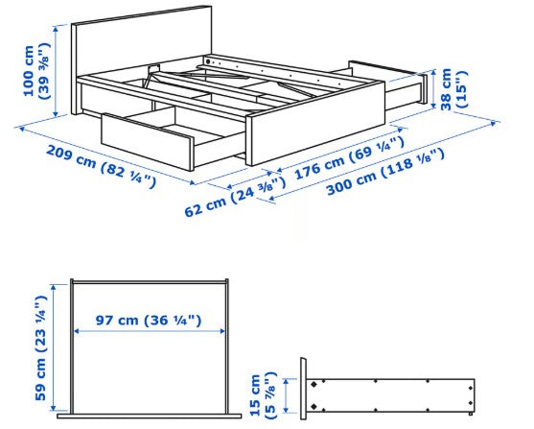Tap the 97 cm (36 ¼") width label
pyautogui.click(x=149, y=321)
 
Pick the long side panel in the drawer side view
pyautogui.click(x=393, y=393)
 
